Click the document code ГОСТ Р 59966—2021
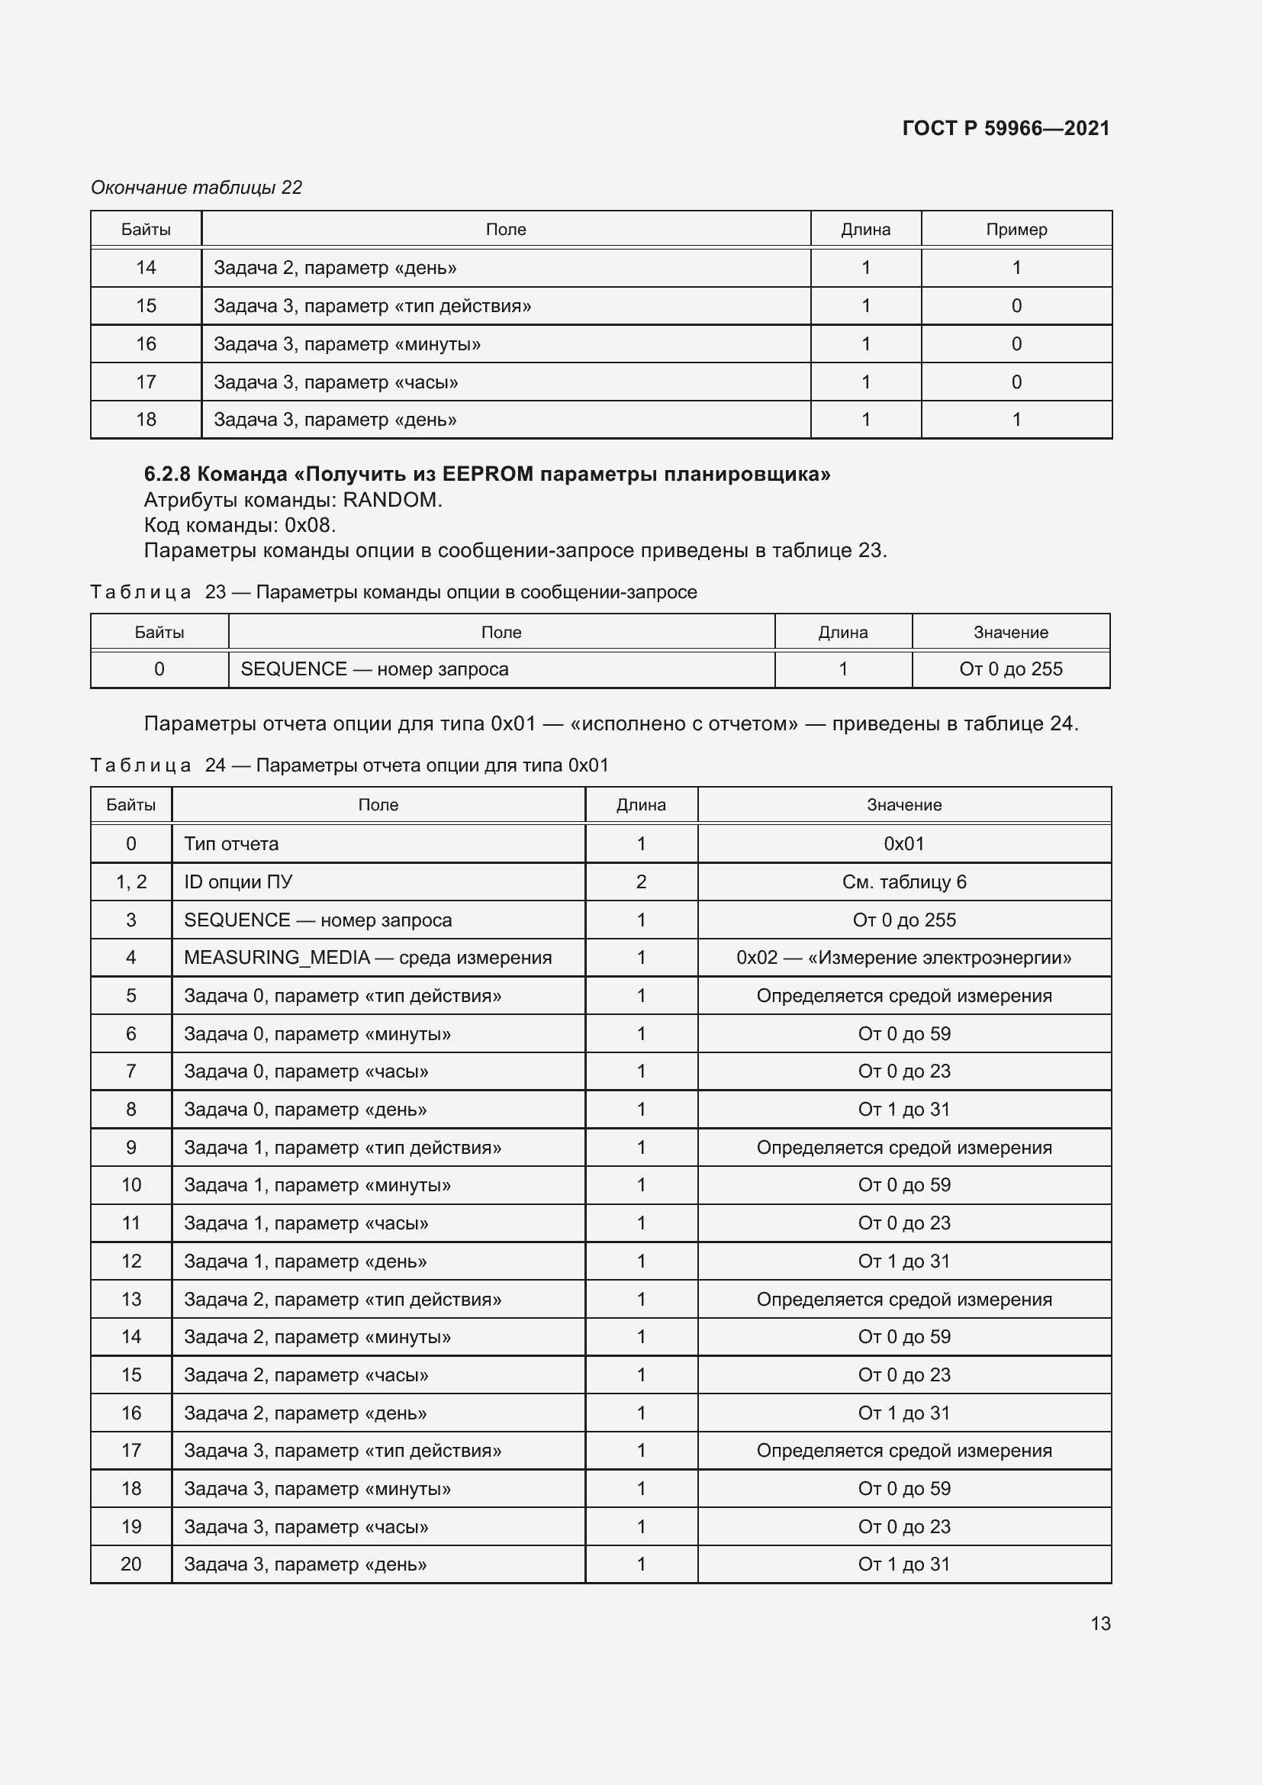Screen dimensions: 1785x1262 pyautogui.click(x=1006, y=128)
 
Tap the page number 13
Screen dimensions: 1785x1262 pyautogui.click(x=1100, y=1623)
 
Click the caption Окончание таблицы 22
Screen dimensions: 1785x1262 pyautogui.click(x=196, y=188)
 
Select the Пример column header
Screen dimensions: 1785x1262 pyautogui.click(x=1016, y=230)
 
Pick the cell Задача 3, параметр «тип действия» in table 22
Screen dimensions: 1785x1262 pyautogui.click(x=372, y=305)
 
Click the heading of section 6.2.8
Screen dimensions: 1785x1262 pyautogui.click(x=487, y=474)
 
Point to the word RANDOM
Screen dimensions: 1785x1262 pyautogui.click(x=391, y=500)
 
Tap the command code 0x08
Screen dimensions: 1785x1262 pyautogui.click(x=309, y=526)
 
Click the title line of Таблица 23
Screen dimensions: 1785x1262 pyautogui.click(x=393, y=592)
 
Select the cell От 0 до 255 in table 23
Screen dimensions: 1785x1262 pyautogui.click(x=1010, y=669)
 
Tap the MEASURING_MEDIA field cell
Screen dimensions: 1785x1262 pyautogui.click(x=368, y=958)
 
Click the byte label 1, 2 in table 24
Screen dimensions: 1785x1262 pyautogui.click(x=130, y=882)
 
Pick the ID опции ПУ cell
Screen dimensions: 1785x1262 pyautogui.click(x=238, y=882)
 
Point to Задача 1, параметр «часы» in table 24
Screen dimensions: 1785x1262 pyautogui.click(x=306, y=1223)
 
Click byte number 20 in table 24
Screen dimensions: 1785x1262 pyautogui.click(x=130, y=1564)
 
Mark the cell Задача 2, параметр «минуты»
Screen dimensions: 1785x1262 pyautogui.click(x=317, y=1337)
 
